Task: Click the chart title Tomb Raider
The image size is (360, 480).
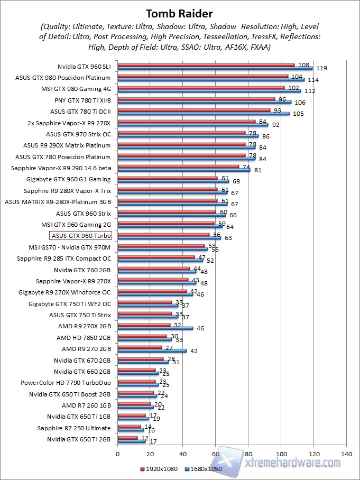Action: tap(180, 13)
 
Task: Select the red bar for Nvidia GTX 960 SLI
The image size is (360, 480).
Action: tap(206, 65)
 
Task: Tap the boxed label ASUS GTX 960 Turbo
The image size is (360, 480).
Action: tap(80, 236)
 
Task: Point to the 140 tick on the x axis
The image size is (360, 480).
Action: tap(347, 454)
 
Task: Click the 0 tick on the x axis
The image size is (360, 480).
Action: tap(117, 454)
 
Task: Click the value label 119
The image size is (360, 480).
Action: tap(321, 69)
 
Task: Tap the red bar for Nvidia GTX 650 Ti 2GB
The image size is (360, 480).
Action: tap(127, 438)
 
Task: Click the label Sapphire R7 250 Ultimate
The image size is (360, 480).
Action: tap(74, 428)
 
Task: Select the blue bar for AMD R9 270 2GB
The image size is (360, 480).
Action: tap(152, 350)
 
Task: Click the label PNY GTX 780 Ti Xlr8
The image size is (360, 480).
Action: tap(82, 100)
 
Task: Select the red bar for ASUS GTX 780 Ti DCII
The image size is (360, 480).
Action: tap(193, 110)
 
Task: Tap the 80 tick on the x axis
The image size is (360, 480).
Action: tap(248, 454)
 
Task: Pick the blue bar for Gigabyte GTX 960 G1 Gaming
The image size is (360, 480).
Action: tap(173, 181)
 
